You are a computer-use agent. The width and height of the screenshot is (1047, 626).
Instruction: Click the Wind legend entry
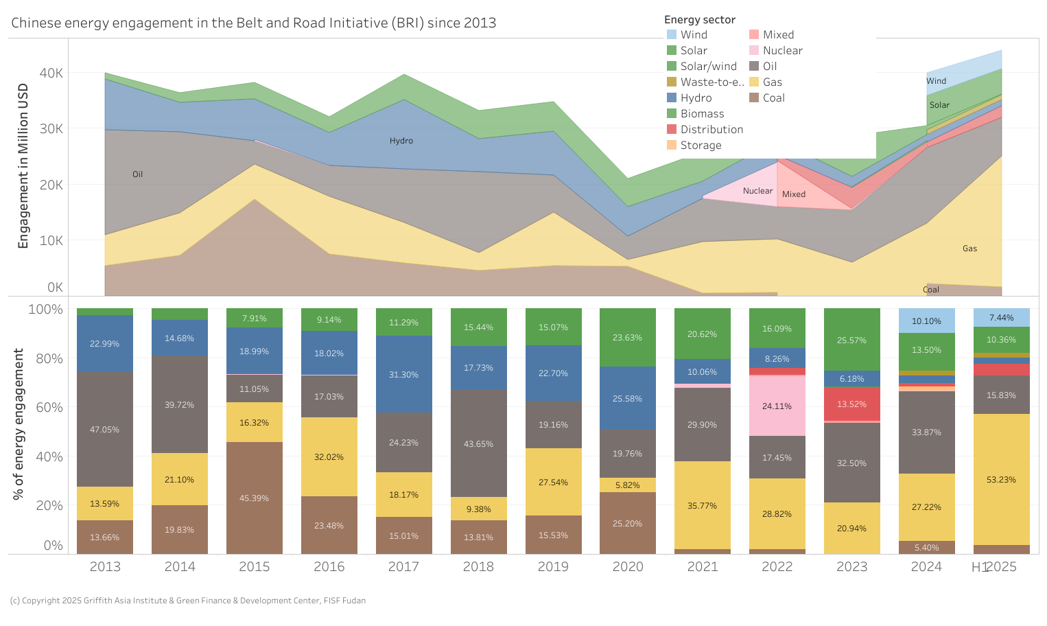pyautogui.click(x=693, y=35)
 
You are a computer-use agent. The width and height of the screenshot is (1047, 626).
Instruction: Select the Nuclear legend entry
pyautogui.click(x=782, y=51)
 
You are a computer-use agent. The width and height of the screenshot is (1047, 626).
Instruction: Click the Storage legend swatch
pyautogui.click(x=672, y=146)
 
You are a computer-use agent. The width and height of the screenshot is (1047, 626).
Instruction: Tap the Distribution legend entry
pyautogui.click(x=711, y=130)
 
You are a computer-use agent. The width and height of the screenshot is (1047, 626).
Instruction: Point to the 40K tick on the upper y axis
pyautogui.click(x=51, y=73)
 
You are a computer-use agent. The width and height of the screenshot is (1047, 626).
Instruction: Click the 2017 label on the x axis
pyautogui.click(x=403, y=567)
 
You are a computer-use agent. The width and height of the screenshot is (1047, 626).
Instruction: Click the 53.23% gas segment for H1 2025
pyautogui.click(x=1001, y=479)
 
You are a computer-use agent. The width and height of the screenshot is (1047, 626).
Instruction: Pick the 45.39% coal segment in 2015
pyautogui.click(x=254, y=498)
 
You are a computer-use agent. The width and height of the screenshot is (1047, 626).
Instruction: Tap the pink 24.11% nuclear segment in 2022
pyautogui.click(x=777, y=406)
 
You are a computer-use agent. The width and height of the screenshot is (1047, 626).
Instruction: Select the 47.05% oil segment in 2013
pyautogui.click(x=104, y=429)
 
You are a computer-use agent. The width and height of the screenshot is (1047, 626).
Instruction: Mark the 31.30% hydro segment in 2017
pyautogui.click(x=403, y=374)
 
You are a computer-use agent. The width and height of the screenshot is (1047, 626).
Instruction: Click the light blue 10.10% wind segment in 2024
pyautogui.click(x=926, y=321)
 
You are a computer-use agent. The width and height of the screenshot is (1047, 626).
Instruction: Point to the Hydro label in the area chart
pyautogui.click(x=401, y=141)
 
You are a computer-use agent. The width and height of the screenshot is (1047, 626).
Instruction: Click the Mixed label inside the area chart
pyautogui.click(x=794, y=194)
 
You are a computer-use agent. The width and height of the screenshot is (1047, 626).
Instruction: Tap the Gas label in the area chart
pyautogui.click(x=969, y=248)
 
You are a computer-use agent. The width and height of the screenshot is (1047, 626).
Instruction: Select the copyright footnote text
pyautogui.click(x=188, y=601)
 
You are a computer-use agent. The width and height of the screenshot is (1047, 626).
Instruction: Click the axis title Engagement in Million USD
pyautogui.click(x=23, y=165)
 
